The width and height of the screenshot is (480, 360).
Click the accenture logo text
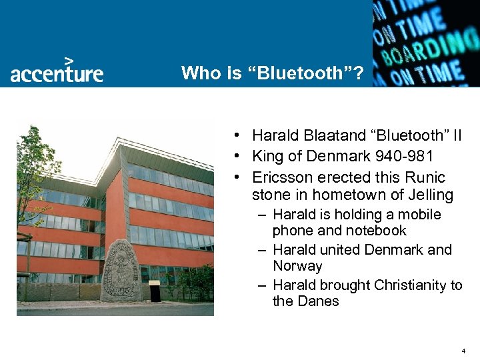pos(57,73)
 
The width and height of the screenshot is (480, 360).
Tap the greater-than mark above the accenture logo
pos(68,59)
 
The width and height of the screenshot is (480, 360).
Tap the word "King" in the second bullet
pos(267,157)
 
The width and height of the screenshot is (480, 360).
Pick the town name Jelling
pos(431,195)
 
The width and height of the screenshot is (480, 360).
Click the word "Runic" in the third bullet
pos(425,177)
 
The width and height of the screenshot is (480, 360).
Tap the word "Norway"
pos(297,266)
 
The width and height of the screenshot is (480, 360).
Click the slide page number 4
pos(463,351)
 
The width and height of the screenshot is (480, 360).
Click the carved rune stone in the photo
pos(121,269)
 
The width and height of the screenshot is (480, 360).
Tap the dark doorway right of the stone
pos(155,292)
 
